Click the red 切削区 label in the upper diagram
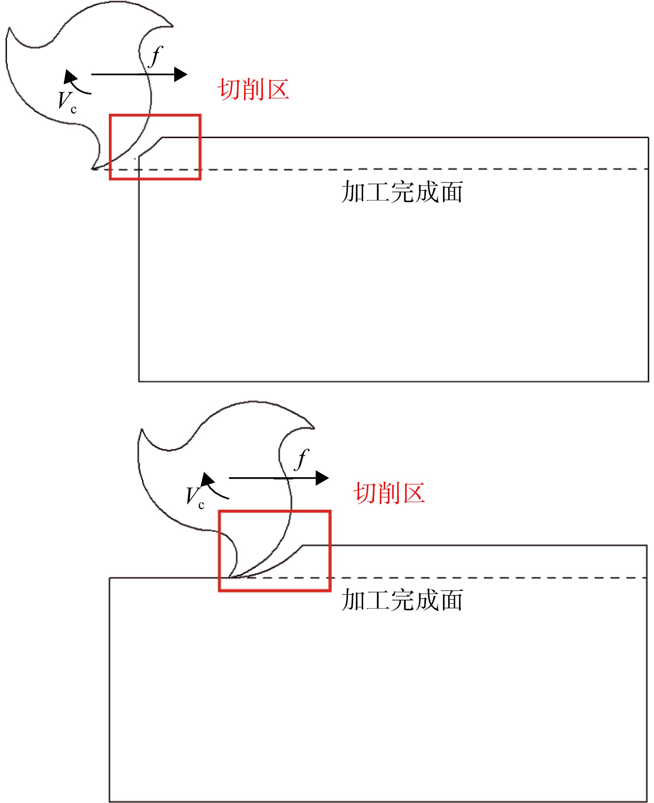[x=254, y=89]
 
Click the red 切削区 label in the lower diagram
[x=389, y=493]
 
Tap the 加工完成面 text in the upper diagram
[x=402, y=191]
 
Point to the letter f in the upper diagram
[x=155, y=57]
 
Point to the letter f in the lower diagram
[x=302, y=459]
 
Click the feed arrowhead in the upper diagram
[x=181, y=74]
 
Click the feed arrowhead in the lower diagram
[x=322, y=478]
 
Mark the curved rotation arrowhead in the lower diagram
[x=207, y=479]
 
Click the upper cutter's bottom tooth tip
[x=93, y=169]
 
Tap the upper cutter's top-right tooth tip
[x=173, y=26]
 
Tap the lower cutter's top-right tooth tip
[x=314, y=428]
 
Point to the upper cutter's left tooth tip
[x=9, y=28]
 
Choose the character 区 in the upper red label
[x=278, y=89]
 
